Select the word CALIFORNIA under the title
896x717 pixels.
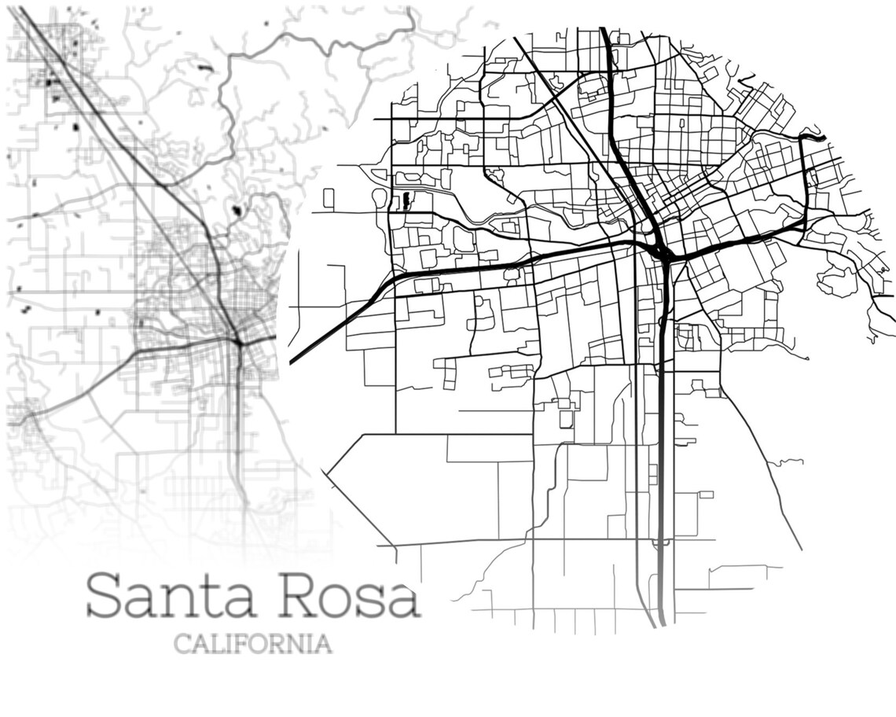[252, 644]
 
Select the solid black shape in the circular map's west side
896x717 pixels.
[405, 201]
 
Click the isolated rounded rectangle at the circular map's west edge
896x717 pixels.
[329, 197]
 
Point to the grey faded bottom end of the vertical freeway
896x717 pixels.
[662, 613]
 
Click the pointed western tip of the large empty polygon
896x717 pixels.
[328, 472]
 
